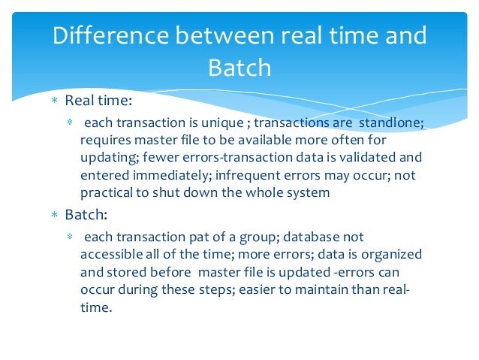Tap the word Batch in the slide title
click(239, 68)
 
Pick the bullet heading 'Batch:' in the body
click(86, 215)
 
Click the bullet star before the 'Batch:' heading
click(53, 216)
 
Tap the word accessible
click(112, 255)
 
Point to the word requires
click(105, 140)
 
